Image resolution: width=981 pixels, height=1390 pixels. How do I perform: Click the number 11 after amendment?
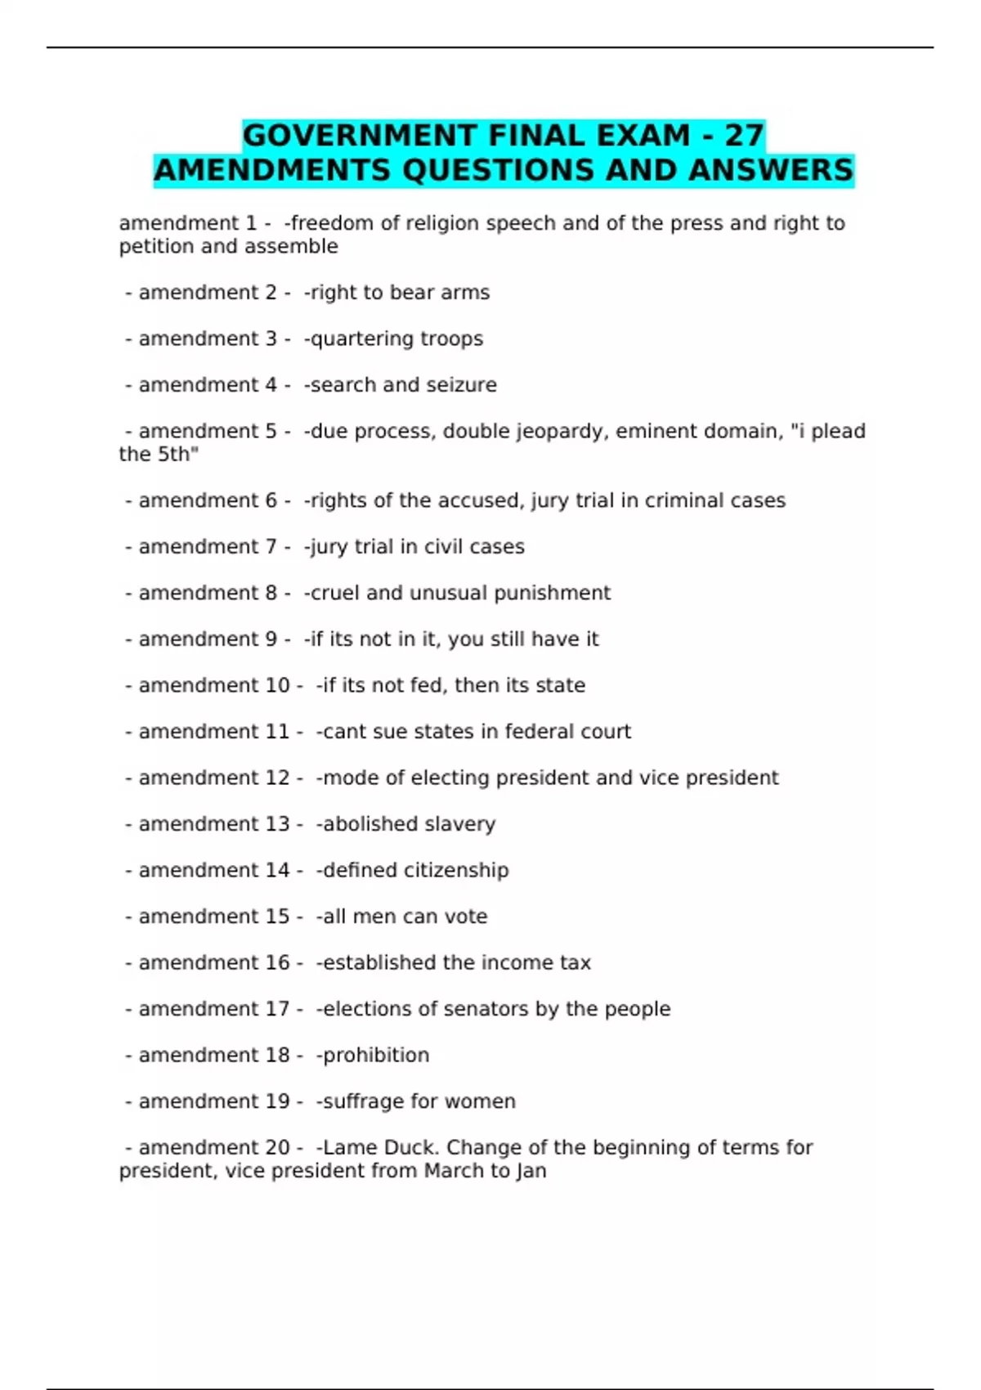tap(278, 732)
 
